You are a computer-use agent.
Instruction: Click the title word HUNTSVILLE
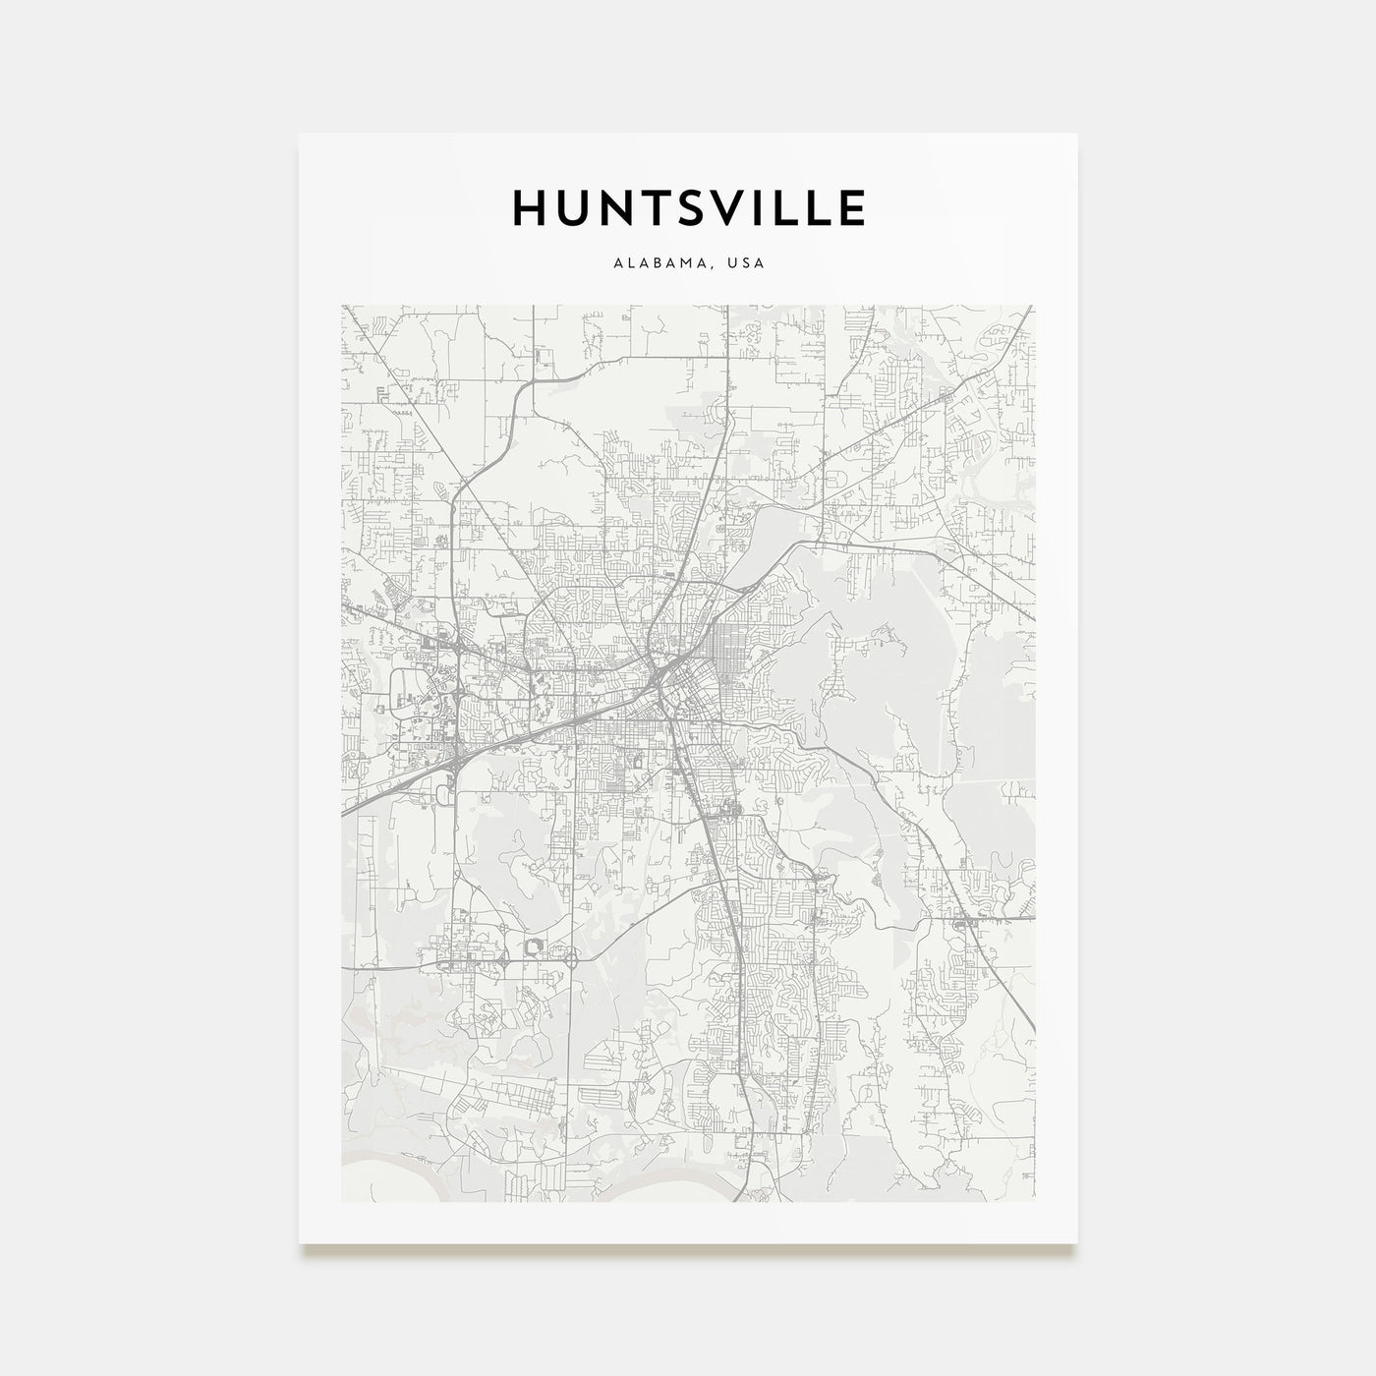pos(688,207)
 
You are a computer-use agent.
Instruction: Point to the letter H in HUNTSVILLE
pos(529,207)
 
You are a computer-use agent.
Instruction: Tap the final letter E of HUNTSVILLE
pos(851,207)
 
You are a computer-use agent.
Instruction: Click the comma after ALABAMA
pos(714,267)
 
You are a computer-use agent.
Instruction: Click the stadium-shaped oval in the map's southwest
pos(536,946)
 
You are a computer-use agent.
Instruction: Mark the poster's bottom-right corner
pos(1076,1242)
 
